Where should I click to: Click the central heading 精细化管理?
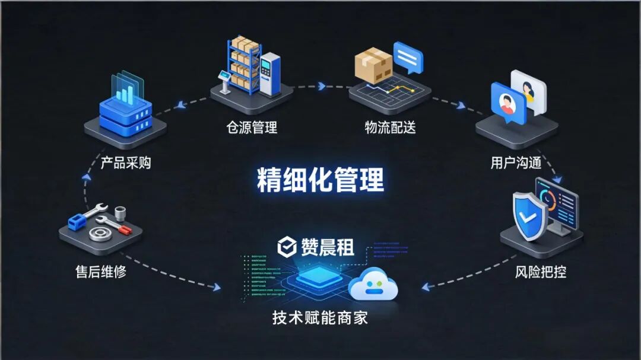[320, 179]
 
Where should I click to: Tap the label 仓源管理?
[252, 127]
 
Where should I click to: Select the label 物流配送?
[390, 127]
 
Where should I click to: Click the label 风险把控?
[540, 272]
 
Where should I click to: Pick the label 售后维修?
[101, 272]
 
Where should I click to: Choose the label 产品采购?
[125, 163]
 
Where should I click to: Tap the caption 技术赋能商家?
[320, 317]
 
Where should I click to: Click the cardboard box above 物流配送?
[373, 65]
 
